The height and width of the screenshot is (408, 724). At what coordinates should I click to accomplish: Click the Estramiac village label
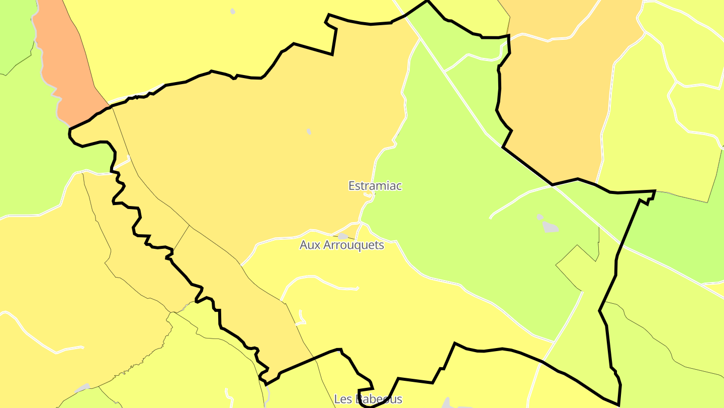pos(375,186)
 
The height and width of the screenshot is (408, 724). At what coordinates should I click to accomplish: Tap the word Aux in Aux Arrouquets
pos(309,245)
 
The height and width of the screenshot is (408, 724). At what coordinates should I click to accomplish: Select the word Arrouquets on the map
pos(352,245)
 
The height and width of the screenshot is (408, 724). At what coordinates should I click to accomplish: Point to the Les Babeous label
pos(368,399)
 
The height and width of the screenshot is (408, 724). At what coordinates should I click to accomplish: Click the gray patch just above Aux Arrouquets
pos(343,236)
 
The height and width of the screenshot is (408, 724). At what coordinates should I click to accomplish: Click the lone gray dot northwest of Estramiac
pos(309,131)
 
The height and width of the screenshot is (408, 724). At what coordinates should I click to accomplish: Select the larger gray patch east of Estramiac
pos(551,227)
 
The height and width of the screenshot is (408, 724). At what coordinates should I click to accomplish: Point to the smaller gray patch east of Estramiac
pos(539,217)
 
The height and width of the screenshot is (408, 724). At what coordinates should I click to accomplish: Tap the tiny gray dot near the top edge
pos(232,11)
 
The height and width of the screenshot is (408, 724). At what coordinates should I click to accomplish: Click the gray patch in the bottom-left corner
pos(82,388)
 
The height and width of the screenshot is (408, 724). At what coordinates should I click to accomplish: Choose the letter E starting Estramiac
pos(352,186)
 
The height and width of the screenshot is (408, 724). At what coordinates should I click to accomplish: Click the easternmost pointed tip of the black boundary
pos(655,191)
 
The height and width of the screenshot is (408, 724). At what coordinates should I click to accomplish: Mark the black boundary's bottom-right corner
pos(618,404)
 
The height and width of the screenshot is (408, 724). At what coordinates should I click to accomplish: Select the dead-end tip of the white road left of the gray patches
pos(490,218)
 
